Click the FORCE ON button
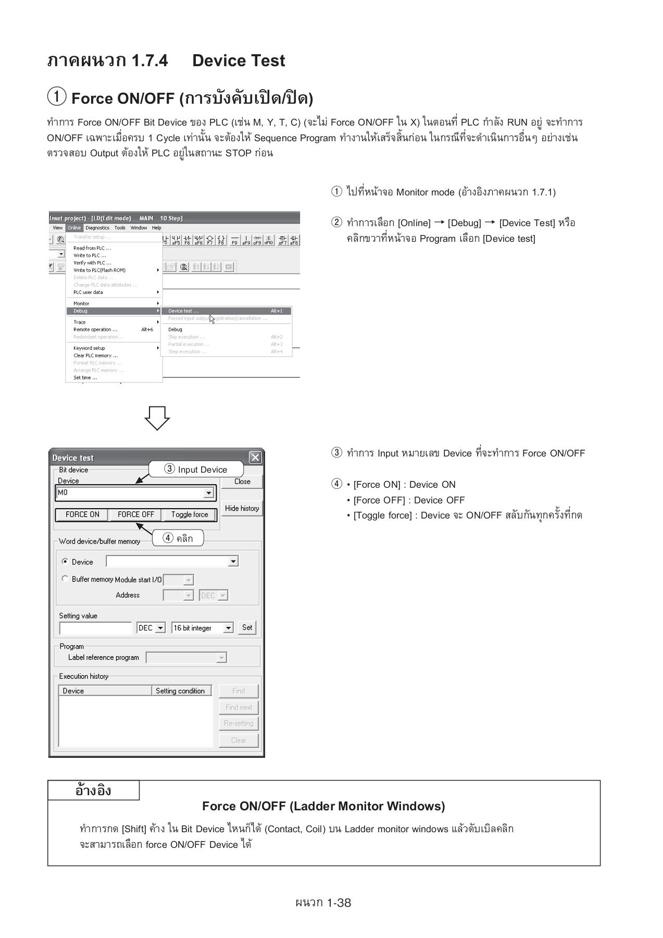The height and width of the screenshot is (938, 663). [x=82, y=514]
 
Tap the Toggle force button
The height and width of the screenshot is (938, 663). [x=189, y=514]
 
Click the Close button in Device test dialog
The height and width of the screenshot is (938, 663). [x=242, y=482]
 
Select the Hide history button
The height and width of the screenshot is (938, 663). [x=242, y=508]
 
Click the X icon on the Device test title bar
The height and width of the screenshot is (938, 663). [x=255, y=458]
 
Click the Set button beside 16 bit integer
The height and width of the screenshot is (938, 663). [x=247, y=627]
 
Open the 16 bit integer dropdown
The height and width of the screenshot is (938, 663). [x=228, y=628]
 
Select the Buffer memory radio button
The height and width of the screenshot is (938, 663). [x=65, y=579]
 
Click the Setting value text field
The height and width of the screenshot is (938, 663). [x=96, y=628]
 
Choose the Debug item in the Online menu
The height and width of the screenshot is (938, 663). [x=81, y=311]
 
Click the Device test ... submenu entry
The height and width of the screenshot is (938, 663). [x=183, y=311]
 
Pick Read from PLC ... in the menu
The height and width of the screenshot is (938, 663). [x=92, y=248]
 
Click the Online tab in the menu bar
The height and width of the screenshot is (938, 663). [x=74, y=228]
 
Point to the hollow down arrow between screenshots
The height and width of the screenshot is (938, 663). [x=157, y=417]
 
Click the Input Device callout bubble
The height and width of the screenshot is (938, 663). [x=196, y=469]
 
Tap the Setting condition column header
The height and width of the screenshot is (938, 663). [x=180, y=691]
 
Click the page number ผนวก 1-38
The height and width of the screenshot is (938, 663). [x=323, y=903]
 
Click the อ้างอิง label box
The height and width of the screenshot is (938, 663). [x=93, y=791]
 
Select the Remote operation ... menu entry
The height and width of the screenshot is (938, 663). [x=95, y=329]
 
